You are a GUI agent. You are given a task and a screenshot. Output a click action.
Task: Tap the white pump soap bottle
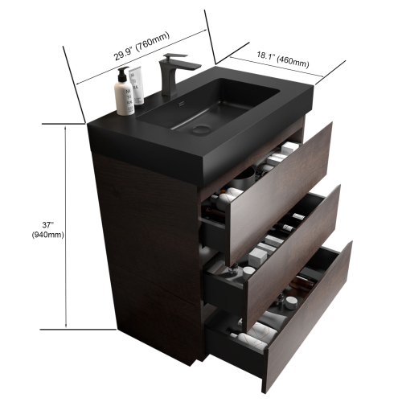pyautogui.click(x=125, y=93)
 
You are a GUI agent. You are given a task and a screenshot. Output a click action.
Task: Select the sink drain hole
pyautogui.click(x=202, y=128)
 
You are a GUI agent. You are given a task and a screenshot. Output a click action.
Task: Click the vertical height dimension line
pyautogui.click(x=64, y=226)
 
